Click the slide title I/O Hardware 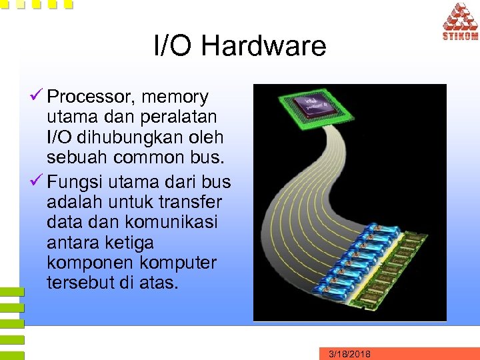pyautogui.click(x=240, y=46)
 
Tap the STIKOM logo pyautogui.click(x=459, y=22)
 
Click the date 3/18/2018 pyautogui.click(x=349, y=354)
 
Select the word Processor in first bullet pyautogui.click(x=93, y=97)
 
